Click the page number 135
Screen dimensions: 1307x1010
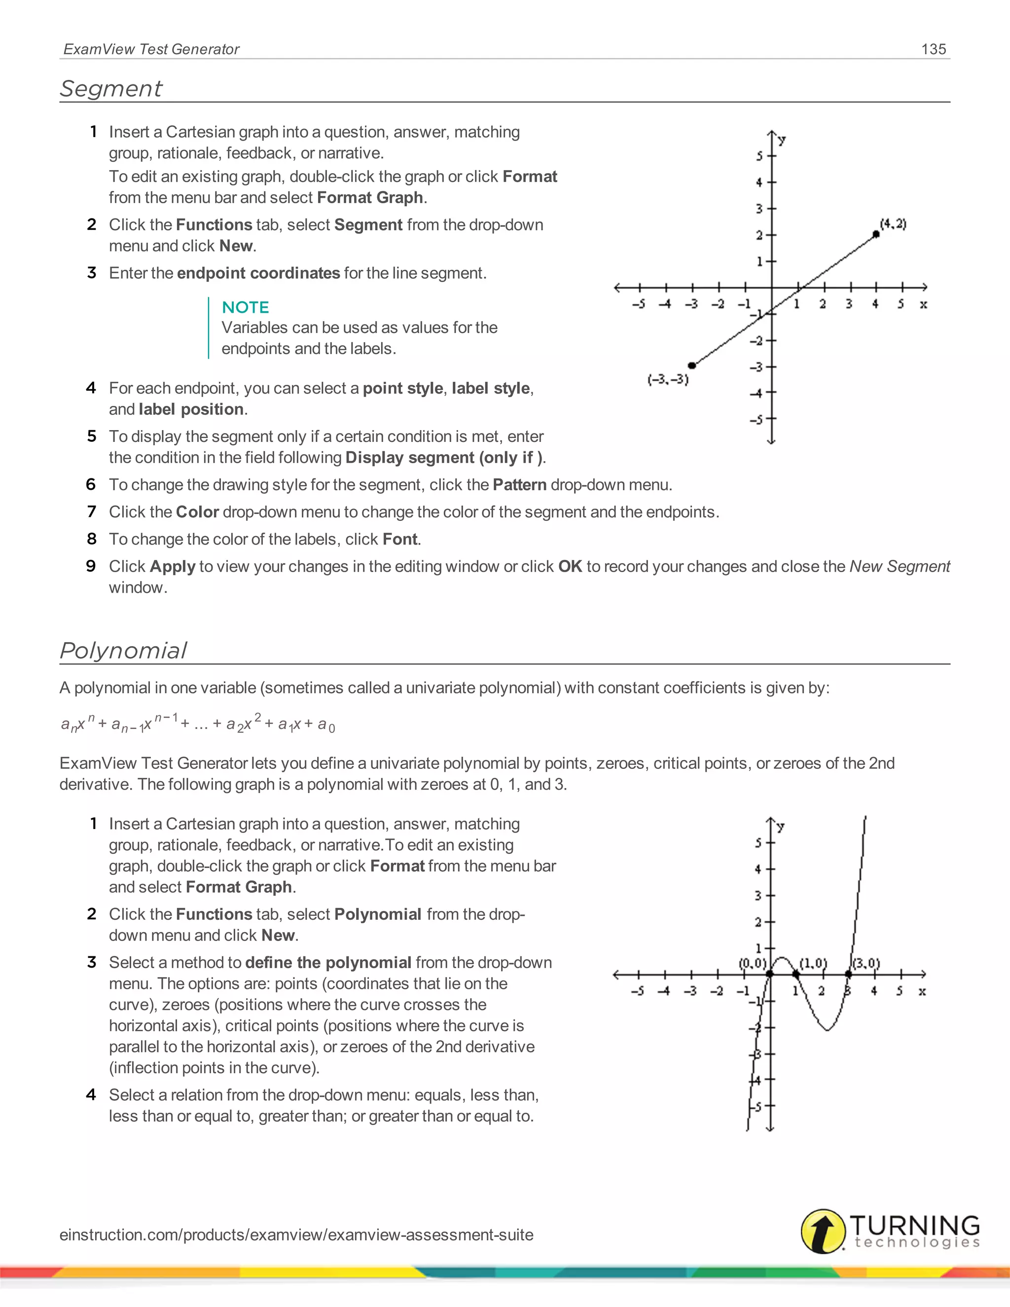[x=934, y=49]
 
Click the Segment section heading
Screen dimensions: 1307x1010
[x=111, y=89]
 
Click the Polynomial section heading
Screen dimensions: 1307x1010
[x=123, y=651]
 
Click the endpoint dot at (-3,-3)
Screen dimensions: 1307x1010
[x=692, y=365]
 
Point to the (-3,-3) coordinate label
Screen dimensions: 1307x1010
[x=668, y=380]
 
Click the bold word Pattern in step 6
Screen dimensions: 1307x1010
[x=519, y=485]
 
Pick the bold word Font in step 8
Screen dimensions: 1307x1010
[x=399, y=539]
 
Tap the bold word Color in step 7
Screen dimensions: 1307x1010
[x=197, y=512]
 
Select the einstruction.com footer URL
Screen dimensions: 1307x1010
[x=296, y=1234]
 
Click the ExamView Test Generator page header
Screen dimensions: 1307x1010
[x=151, y=49]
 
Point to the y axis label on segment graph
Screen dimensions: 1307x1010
[x=782, y=140]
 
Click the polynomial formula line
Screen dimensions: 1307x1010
[x=197, y=724]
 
